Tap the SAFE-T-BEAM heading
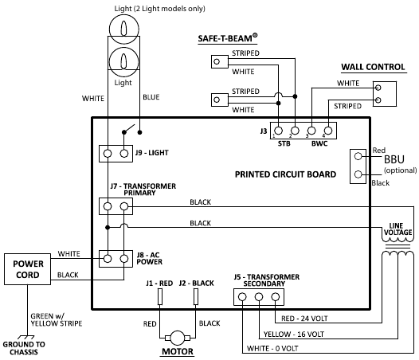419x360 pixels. click(237, 39)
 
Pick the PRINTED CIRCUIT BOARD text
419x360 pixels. click(284, 174)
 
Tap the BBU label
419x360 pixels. click(394, 159)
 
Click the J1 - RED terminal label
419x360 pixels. click(159, 283)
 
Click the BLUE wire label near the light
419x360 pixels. click(151, 97)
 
